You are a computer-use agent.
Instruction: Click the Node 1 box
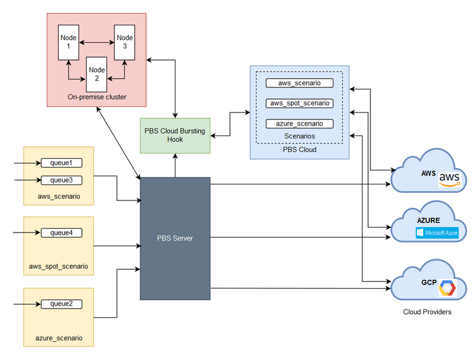click(x=68, y=42)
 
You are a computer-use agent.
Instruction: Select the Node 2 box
click(x=96, y=74)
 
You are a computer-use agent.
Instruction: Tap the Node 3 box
click(x=124, y=42)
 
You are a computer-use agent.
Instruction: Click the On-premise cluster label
click(x=96, y=97)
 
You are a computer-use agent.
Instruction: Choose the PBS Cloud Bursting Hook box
click(x=175, y=136)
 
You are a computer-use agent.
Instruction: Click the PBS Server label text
click(x=176, y=238)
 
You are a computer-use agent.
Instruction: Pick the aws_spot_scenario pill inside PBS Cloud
click(x=299, y=103)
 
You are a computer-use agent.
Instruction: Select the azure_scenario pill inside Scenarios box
click(x=299, y=124)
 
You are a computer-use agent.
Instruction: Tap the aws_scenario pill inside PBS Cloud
click(x=299, y=83)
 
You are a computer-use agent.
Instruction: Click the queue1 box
click(x=61, y=163)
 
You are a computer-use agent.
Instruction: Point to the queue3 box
click(x=61, y=180)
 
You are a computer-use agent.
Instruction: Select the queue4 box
click(x=61, y=233)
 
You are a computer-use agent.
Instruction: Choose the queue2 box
click(x=61, y=304)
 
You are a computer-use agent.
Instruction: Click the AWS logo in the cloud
click(x=450, y=179)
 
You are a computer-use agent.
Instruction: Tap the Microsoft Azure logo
click(x=436, y=233)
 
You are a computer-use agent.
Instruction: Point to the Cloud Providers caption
click(x=427, y=312)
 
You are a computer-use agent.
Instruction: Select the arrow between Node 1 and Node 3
click(x=96, y=42)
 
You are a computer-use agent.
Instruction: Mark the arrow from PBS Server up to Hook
click(x=175, y=165)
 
